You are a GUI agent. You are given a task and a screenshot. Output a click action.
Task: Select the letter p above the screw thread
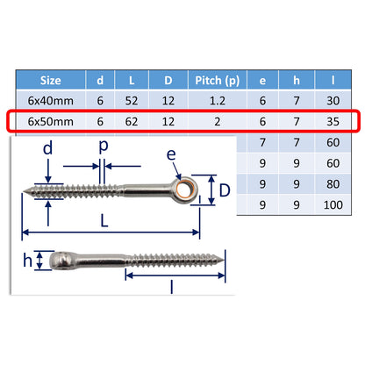103,149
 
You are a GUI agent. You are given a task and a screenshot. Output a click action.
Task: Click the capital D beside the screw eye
225,190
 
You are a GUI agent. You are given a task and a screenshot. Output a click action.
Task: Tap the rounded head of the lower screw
57,261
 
